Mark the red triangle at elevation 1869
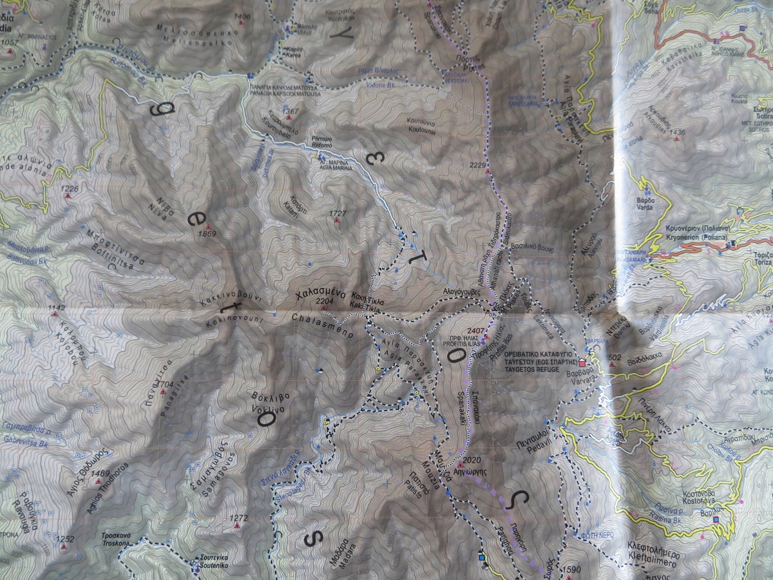coord(209,226)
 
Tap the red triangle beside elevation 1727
coord(336,221)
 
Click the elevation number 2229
coord(477,166)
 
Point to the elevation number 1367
coord(291,111)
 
